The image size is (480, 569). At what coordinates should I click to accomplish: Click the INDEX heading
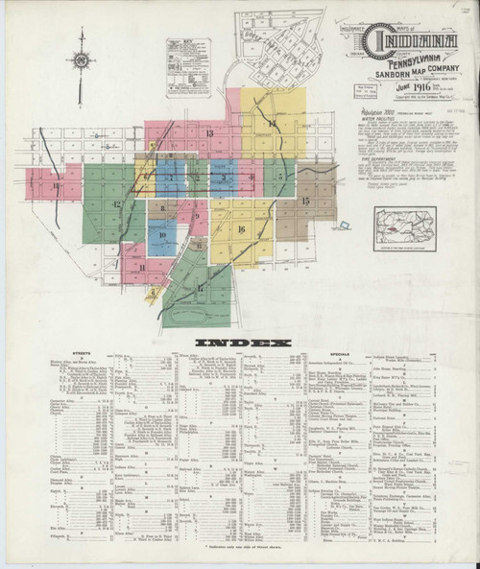click(242, 343)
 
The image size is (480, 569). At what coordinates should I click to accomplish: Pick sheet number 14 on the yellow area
click(272, 126)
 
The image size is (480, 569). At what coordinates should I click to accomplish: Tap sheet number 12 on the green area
click(115, 204)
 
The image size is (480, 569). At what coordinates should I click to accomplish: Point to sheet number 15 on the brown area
click(305, 201)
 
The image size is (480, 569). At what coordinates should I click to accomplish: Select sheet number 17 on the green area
click(200, 287)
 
